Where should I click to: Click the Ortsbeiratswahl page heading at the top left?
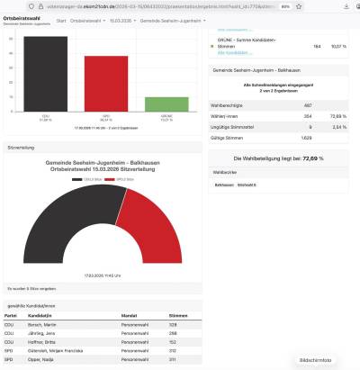pos(19,18)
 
